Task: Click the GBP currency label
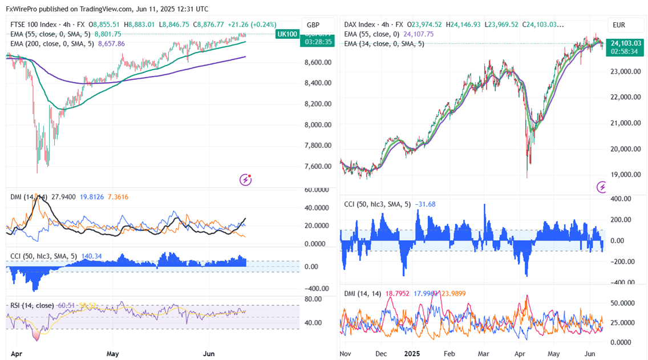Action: pos(313,25)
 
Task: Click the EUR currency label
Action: pos(619,25)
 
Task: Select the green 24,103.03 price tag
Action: pos(626,43)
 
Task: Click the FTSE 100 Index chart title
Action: pos(33,25)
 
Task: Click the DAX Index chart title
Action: pos(360,25)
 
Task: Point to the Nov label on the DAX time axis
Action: pos(345,354)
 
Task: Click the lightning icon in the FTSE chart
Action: pos(246,180)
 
